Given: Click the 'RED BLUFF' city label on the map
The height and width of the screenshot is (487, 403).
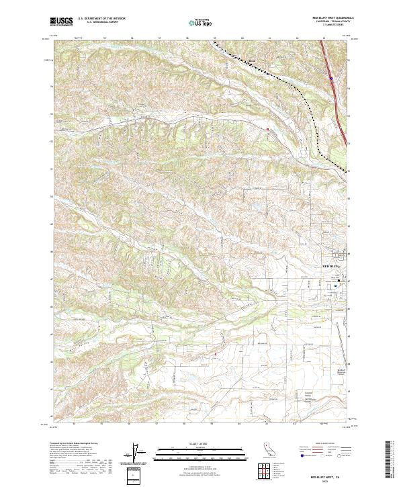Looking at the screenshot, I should coord(332,267).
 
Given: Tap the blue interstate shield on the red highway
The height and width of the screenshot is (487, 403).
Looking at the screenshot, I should coord(330,77).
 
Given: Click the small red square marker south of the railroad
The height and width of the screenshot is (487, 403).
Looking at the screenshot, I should coord(267,128).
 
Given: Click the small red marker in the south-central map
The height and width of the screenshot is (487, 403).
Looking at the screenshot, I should coord(215,354).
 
